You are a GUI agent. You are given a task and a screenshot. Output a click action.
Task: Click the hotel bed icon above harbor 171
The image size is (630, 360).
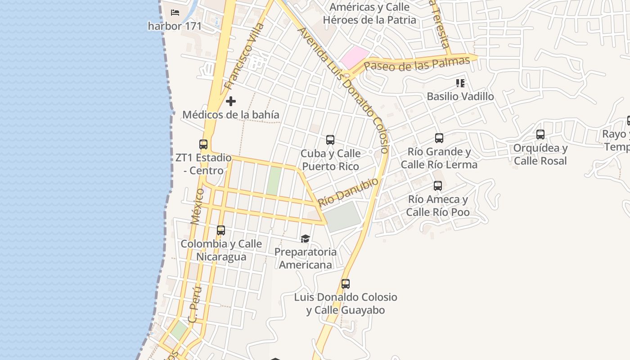[175, 13]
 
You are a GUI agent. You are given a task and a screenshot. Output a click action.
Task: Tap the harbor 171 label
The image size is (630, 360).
[175, 26]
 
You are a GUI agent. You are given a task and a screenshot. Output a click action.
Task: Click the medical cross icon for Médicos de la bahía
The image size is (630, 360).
[231, 101]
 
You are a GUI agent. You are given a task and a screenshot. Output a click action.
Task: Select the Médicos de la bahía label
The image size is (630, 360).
[230, 115]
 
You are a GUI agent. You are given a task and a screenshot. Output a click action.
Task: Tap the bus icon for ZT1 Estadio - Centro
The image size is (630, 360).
[203, 144]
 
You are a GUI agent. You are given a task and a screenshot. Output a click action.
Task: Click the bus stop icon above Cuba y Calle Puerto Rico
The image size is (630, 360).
[330, 140]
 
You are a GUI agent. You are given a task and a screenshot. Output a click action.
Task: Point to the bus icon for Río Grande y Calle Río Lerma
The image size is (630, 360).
[439, 138]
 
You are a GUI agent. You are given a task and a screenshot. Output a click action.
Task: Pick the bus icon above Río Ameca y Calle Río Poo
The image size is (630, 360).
[437, 185]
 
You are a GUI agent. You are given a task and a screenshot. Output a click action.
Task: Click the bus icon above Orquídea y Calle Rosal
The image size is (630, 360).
[540, 134]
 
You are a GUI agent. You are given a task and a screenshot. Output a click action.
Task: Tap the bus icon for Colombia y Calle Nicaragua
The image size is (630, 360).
[221, 230]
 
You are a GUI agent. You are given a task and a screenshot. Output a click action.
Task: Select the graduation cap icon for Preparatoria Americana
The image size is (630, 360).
[306, 238]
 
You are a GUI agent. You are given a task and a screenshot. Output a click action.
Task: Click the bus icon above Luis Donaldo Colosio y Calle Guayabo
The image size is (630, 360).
[346, 284]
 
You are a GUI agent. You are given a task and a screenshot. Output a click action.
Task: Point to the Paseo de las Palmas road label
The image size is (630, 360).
[417, 63]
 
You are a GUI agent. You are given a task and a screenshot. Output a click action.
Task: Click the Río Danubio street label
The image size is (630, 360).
[348, 192]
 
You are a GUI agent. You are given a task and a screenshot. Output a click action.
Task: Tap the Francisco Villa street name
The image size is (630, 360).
[244, 56]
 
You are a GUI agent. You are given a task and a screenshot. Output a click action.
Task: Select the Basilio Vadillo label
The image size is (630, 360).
[460, 96]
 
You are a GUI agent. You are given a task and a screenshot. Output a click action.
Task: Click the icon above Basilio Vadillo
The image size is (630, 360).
[460, 83]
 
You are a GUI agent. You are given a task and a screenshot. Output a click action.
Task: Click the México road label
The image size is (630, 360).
[197, 207]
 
